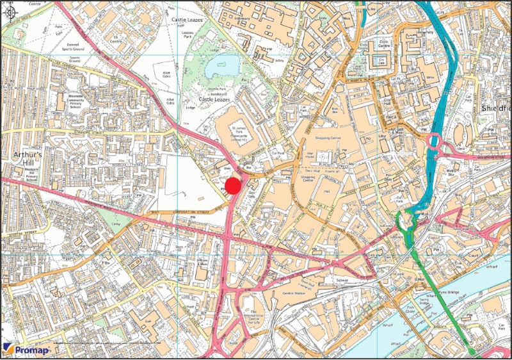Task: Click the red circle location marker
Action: pos(232,186)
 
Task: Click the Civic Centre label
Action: pos(385,46)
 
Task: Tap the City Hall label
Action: pos(387,103)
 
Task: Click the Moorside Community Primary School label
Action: pos(77,102)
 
